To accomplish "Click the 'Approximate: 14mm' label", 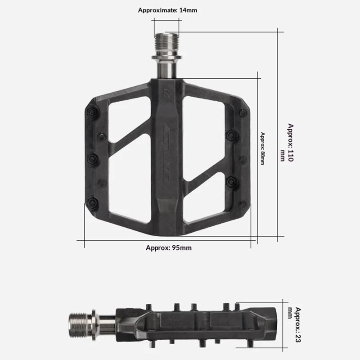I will [x=167, y=9].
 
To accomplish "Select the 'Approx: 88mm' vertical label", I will [x=262, y=148].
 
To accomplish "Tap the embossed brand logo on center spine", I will [x=167, y=148].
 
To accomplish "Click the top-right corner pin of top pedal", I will [x=243, y=112].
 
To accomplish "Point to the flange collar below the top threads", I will [x=167, y=58].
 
